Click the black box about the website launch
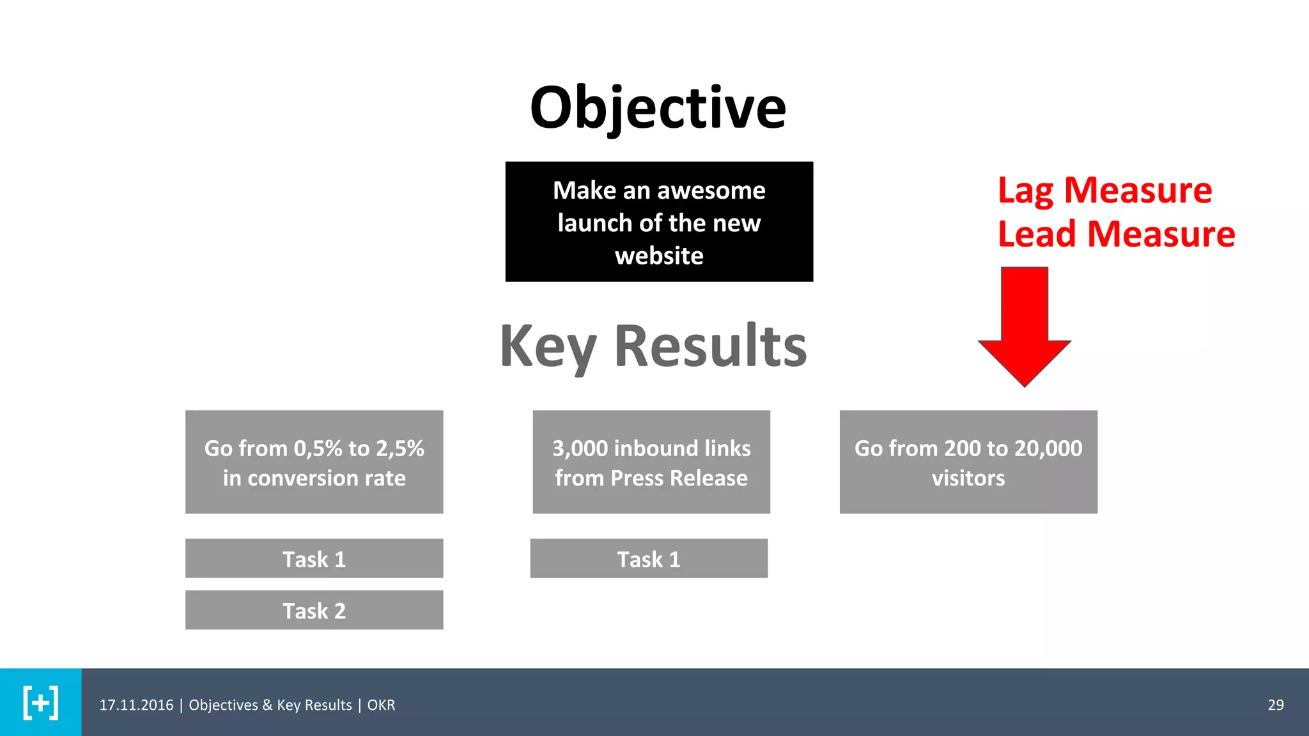click(659, 222)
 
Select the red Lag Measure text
click(1104, 190)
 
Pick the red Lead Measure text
click(1116, 234)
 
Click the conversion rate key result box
click(314, 462)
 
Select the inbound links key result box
click(651, 462)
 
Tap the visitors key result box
click(968, 462)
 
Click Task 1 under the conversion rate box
click(314, 559)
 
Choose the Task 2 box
click(314, 610)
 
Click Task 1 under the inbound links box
click(649, 559)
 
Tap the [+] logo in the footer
click(40, 703)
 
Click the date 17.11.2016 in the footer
click(136, 705)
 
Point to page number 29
click(1275, 705)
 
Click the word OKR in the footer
click(381, 705)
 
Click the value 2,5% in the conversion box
click(399, 448)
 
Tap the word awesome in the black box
click(711, 190)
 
